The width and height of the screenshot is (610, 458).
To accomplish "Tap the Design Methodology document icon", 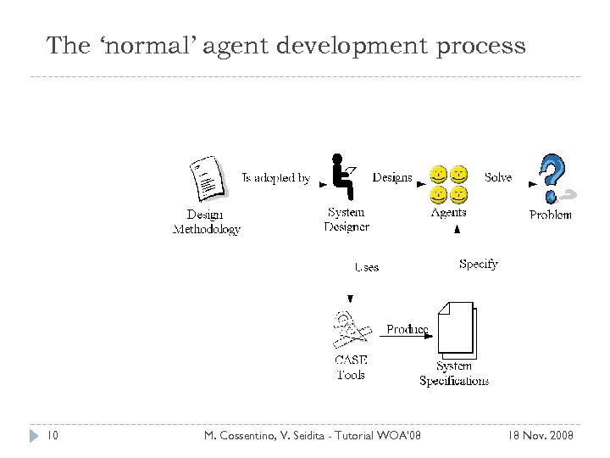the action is [207, 179].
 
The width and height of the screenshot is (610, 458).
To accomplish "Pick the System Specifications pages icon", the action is [454, 328].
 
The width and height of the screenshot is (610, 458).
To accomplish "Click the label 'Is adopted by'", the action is [276, 178].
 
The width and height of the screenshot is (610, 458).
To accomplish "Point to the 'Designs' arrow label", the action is [392, 178].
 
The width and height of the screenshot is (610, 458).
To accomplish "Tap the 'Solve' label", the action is [498, 177].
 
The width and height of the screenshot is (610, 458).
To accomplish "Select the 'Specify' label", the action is [478, 264].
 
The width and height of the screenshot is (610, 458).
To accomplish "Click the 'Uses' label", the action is [367, 267].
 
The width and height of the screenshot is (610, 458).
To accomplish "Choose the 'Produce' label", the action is [407, 329].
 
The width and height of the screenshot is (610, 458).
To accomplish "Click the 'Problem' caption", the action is [551, 215].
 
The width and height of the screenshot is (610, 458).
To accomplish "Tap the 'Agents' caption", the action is [448, 213].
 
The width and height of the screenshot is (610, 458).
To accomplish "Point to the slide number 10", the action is [52, 435].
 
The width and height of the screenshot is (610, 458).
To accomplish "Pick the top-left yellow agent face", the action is [439, 176].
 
